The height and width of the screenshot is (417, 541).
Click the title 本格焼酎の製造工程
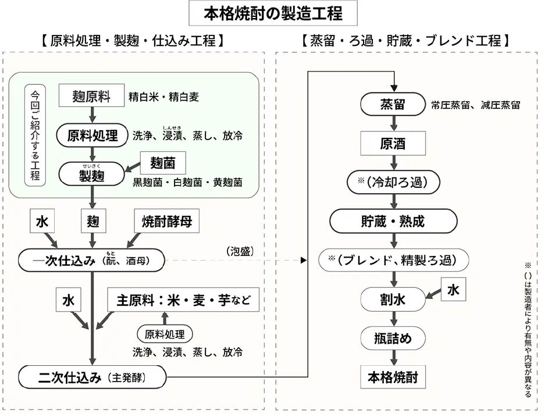coord(273,14)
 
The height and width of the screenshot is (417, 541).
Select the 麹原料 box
coord(91,95)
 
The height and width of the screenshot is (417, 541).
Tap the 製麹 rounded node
coord(92,174)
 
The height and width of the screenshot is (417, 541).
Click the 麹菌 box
coord(163,163)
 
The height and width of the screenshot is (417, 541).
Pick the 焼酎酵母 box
coord(166,221)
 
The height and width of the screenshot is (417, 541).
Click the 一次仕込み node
coord(91,261)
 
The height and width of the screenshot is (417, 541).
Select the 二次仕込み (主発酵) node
coord(92,377)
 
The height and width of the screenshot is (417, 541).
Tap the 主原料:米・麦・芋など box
coord(183,300)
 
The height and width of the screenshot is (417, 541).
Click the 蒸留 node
coord(393,104)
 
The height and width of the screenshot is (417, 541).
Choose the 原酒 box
coord(393,143)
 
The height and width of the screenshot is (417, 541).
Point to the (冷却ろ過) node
coord(393,182)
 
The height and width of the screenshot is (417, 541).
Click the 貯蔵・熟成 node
coord(393,221)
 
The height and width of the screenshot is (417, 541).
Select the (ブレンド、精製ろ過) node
coord(393,260)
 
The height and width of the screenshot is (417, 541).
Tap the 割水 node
coord(393,300)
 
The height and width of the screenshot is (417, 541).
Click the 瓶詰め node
coord(393,338)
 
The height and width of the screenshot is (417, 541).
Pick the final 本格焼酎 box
coord(393,377)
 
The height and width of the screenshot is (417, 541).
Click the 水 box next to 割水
coord(453,290)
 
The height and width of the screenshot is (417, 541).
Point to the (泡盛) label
coord(240,251)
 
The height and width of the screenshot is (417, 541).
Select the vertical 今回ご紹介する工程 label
coord(35,135)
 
